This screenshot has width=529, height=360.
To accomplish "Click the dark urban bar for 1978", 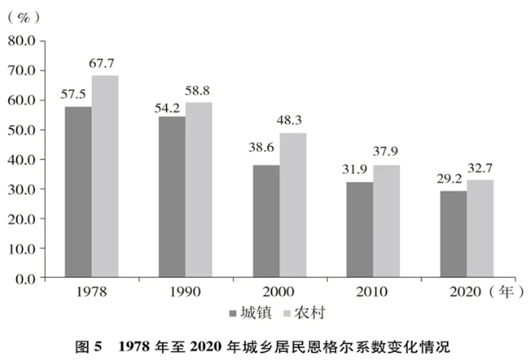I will pyautogui.click(x=78, y=192).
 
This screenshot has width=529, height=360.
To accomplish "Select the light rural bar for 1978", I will pyautogui.click(x=105, y=177).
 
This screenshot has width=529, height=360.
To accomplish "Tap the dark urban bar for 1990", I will pyautogui.click(x=172, y=197).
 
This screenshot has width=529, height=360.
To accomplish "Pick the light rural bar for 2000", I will pyautogui.click(x=293, y=205).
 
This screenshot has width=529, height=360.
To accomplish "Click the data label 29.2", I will pyautogui.click(x=453, y=179).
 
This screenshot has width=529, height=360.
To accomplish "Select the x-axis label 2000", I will pyautogui.click(x=279, y=291).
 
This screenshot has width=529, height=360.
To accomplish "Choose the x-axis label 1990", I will pyautogui.click(x=185, y=291).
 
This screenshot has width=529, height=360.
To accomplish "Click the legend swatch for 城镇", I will pyautogui.click(x=233, y=312).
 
